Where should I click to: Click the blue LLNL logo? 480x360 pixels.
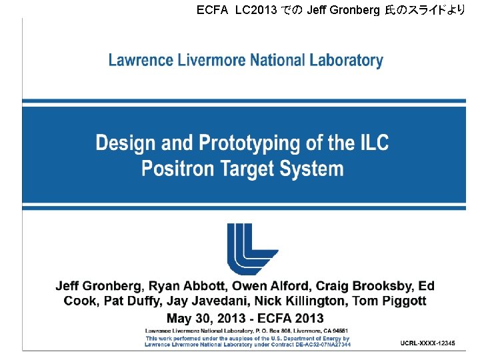(252, 248)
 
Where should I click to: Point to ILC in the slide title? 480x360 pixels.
(371, 143)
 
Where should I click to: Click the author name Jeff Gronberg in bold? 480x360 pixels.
(98, 286)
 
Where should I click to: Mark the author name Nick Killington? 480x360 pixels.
(300, 301)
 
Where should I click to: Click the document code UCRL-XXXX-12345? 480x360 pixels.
(428, 343)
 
